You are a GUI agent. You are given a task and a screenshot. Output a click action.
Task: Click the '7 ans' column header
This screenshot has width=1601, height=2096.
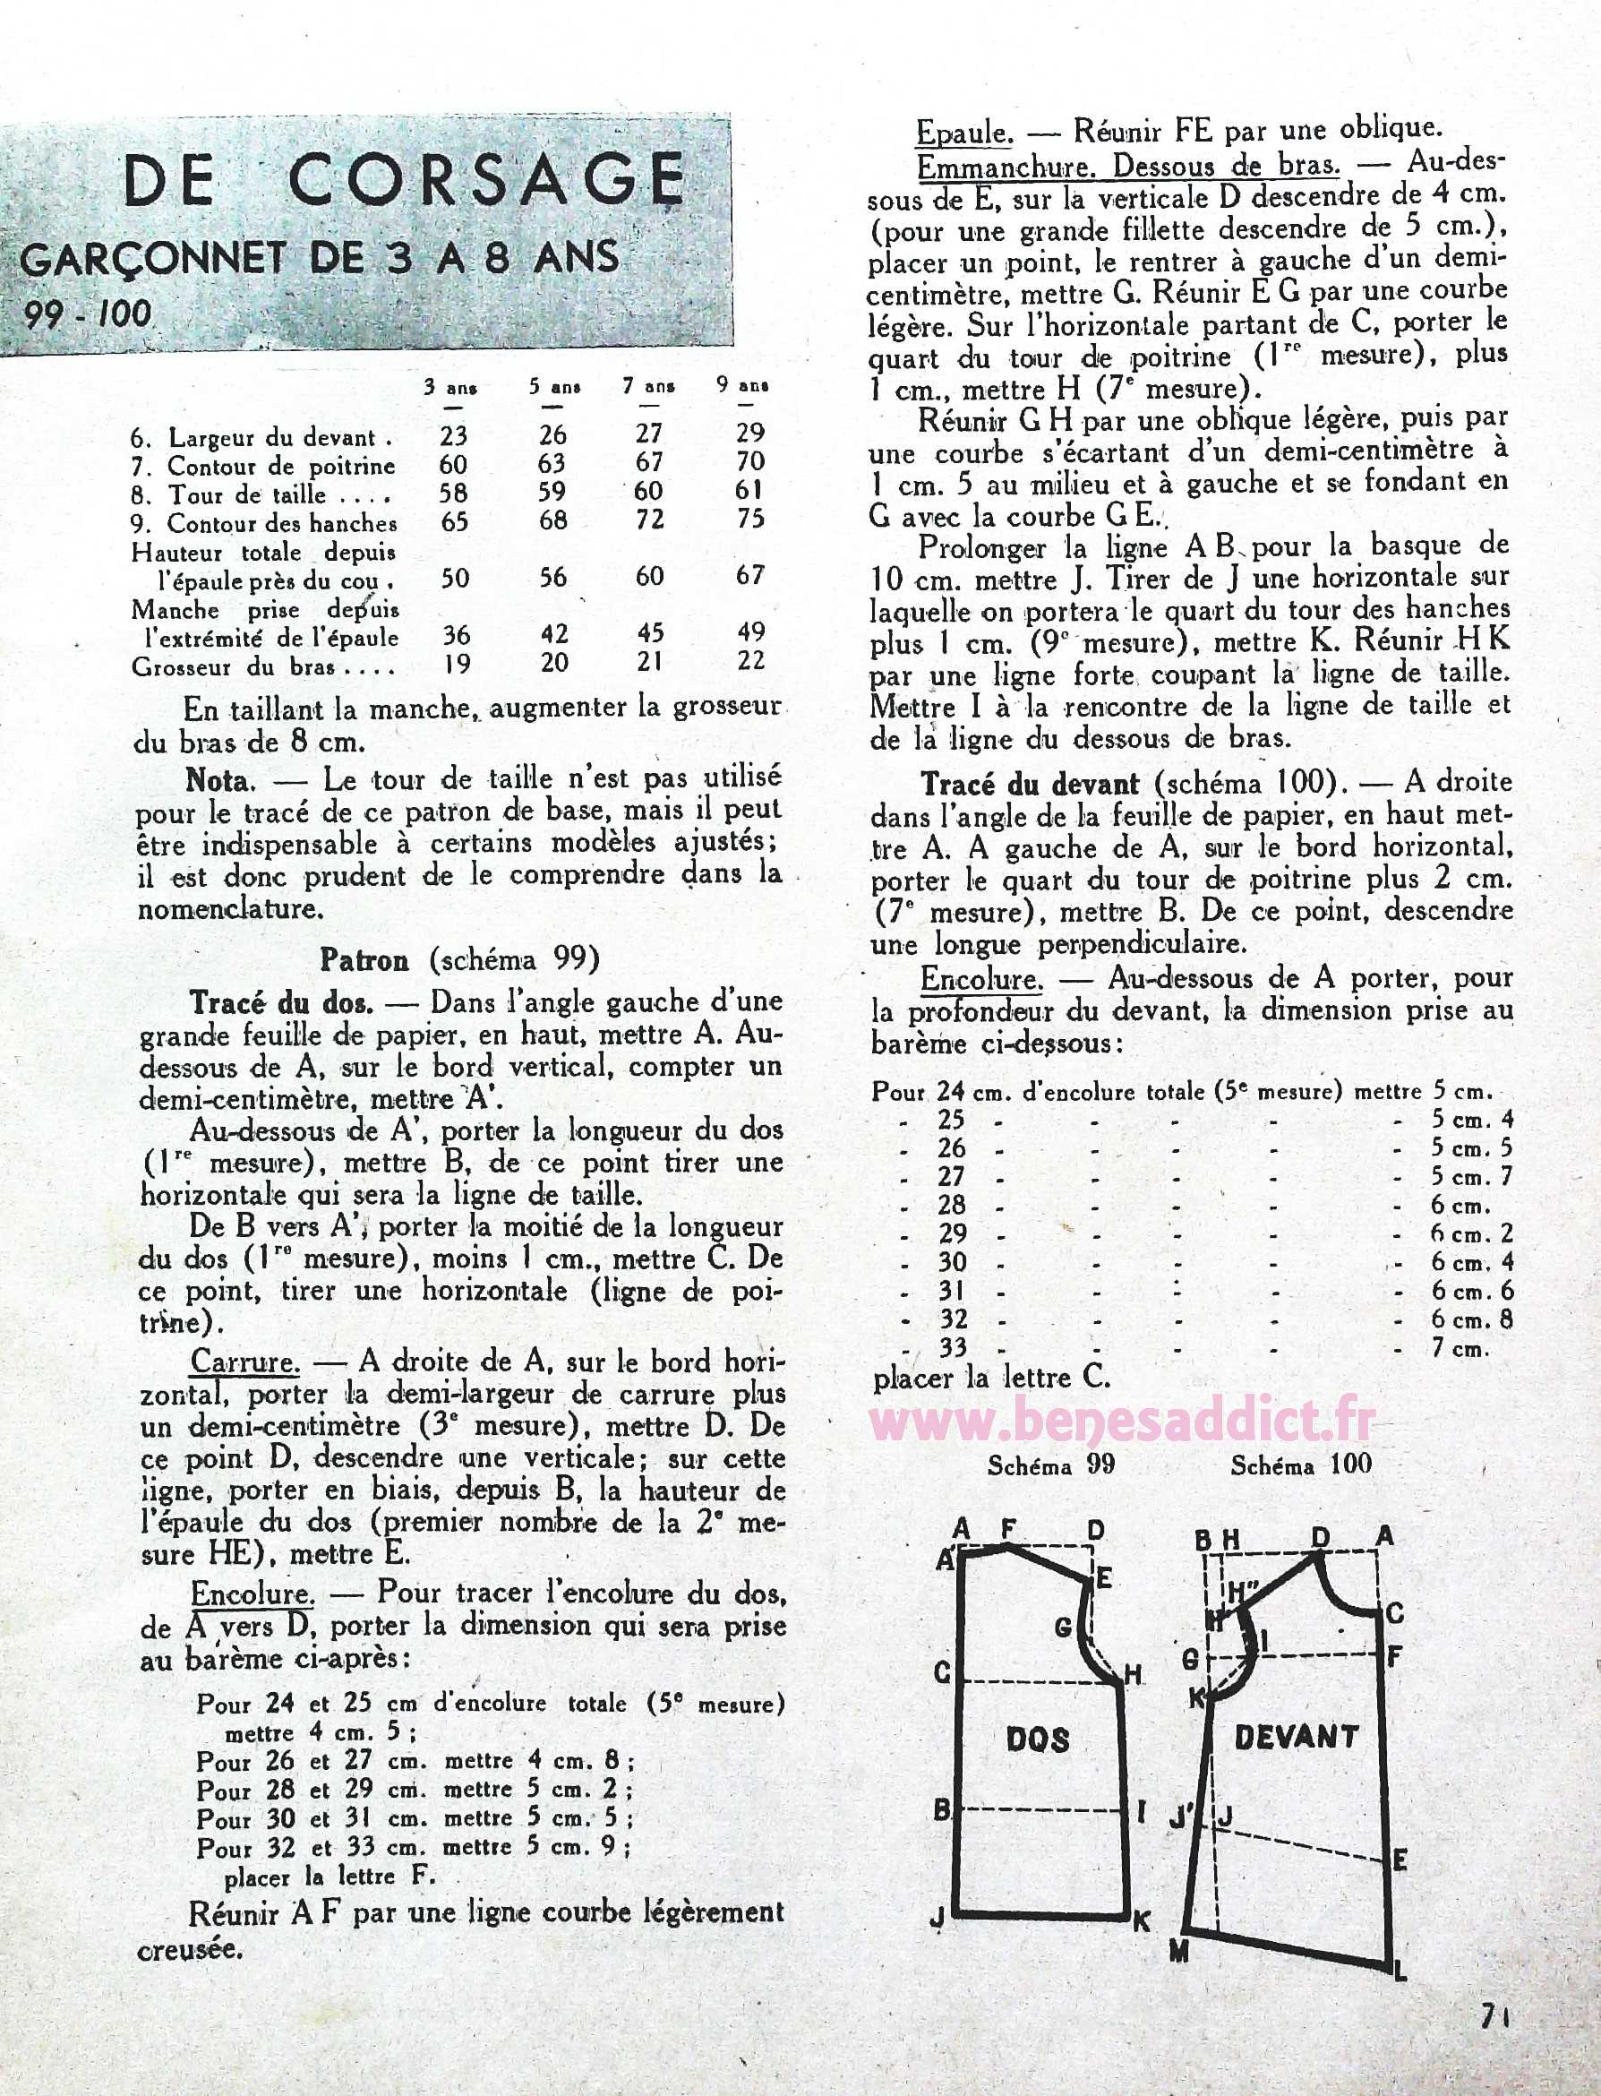pyautogui.click(x=649, y=387)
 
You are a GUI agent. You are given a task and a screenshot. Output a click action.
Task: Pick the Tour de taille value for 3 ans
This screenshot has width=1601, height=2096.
pyautogui.click(x=455, y=494)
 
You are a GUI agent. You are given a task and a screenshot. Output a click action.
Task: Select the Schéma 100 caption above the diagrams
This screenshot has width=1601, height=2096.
pyautogui.click(x=1301, y=1464)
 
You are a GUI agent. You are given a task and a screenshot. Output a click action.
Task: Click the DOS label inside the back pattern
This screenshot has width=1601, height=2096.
pyautogui.click(x=1037, y=1740)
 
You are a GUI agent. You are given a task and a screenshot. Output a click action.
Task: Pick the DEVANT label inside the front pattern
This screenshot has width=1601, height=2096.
pyautogui.click(x=1296, y=1737)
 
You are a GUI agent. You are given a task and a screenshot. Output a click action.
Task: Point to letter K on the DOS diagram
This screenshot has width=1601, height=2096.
pyautogui.click(x=1141, y=1922)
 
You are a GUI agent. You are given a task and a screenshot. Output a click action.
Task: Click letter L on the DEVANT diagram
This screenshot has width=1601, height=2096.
pyautogui.click(x=1399, y=1971)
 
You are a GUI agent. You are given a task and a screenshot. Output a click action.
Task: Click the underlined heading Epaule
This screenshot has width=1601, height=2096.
pyautogui.click(x=963, y=132)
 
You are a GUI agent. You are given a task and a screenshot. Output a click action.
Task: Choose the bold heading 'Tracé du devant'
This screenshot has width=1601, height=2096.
pyautogui.click(x=1029, y=785)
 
